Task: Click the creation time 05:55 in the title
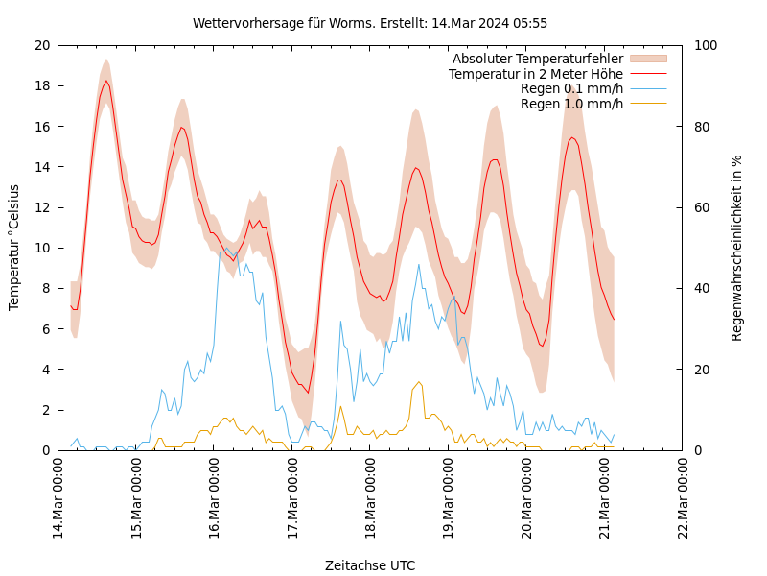click(529, 23)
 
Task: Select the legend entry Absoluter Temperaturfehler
click(537, 60)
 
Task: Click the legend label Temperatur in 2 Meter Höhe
click(535, 74)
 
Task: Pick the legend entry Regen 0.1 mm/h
click(571, 88)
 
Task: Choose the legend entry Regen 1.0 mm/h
click(571, 103)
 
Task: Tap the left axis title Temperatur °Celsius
click(14, 248)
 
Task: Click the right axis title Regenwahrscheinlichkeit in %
click(737, 248)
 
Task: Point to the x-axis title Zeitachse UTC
click(370, 565)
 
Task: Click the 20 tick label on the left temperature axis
click(40, 45)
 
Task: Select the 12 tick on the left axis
click(40, 207)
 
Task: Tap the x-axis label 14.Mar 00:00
click(58, 497)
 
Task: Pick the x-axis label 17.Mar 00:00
click(292, 497)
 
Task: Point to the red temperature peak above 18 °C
click(106, 81)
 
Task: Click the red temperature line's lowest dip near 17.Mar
click(309, 393)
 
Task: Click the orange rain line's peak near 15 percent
click(419, 382)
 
